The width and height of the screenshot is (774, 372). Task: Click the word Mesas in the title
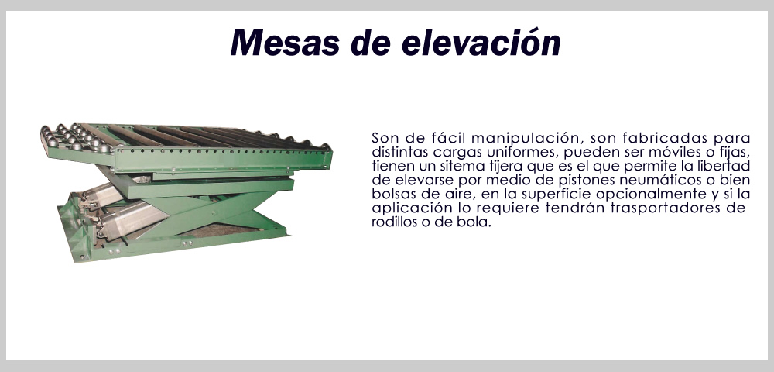(x=285, y=43)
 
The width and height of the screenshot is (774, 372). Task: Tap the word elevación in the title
(x=481, y=43)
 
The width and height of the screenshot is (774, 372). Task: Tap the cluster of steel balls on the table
(x=74, y=136)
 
